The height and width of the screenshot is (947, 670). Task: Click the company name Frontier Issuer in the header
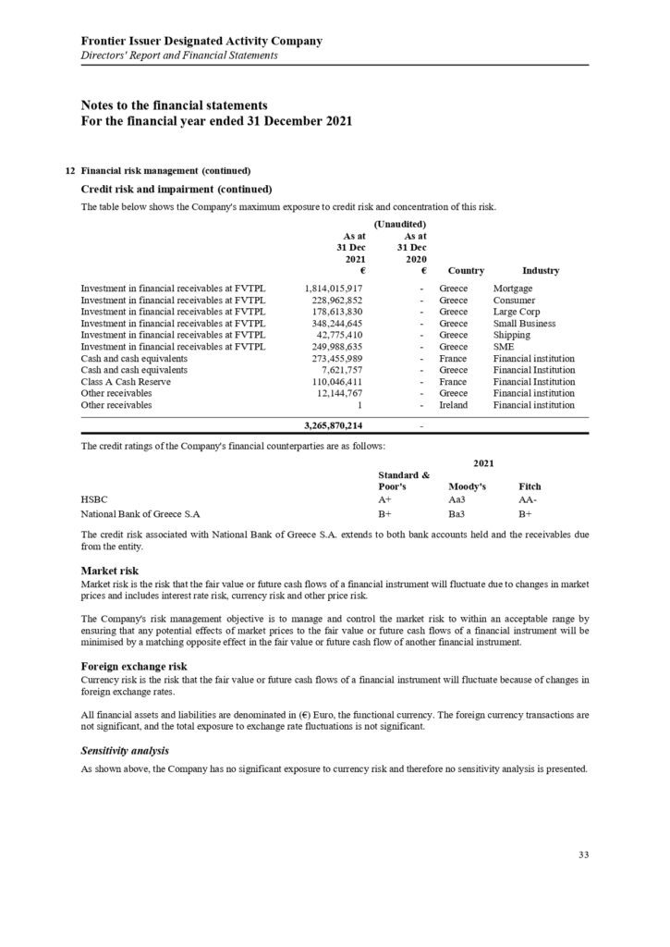(201, 41)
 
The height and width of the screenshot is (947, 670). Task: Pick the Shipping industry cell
(512, 335)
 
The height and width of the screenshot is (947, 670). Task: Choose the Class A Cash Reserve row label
(127, 381)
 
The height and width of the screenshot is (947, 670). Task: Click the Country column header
(466, 271)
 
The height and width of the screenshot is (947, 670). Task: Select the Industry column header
(541, 271)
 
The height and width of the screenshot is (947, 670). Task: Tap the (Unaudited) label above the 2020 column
(399, 224)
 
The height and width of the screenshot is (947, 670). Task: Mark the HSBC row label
(94, 498)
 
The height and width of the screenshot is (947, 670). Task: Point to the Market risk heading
(110, 571)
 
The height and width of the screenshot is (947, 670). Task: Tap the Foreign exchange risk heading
(134, 665)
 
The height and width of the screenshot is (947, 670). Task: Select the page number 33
(583, 855)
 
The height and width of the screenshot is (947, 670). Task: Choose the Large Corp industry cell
(518, 312)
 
